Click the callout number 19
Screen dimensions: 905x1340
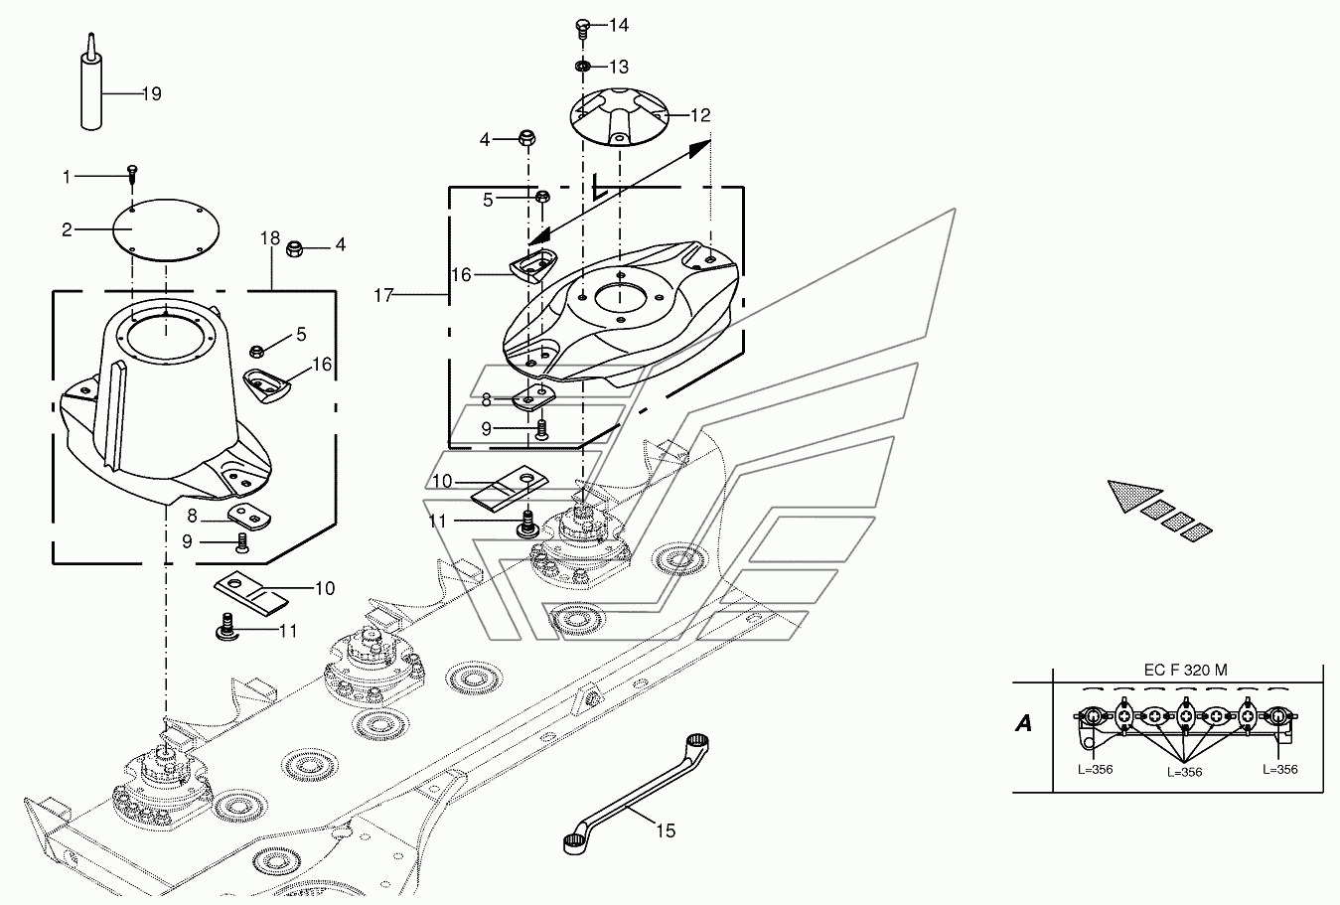(x=151, y=94)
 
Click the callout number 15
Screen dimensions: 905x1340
(x=666, y=830)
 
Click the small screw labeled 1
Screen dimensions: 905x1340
(x=131, y=176)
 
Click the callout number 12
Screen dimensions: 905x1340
(x=700, y=115)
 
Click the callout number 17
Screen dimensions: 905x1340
(x=385, y=295)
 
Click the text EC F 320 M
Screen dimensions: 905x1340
(x=1185, y=671)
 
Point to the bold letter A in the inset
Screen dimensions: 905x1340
(x=1023, y=723)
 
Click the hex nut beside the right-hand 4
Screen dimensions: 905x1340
(x=295, y=246)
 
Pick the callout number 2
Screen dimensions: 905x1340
(x=67, y=229)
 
